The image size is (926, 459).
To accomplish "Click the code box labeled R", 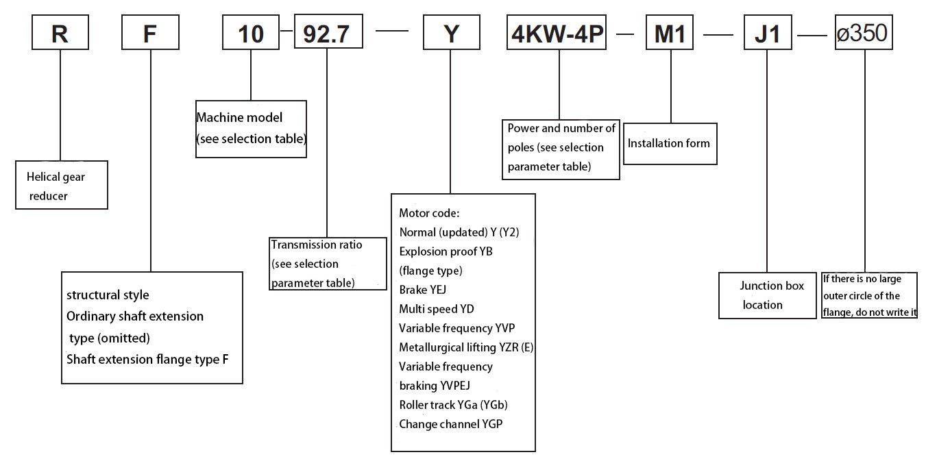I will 60,33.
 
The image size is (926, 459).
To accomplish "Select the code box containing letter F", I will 150,33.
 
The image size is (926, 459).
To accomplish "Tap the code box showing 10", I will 251,33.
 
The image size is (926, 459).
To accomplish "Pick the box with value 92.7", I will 328,33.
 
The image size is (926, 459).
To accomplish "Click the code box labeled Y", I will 450,33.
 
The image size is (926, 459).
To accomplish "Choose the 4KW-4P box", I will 557,33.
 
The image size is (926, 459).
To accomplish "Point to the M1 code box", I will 670,33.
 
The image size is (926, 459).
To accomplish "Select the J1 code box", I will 768,33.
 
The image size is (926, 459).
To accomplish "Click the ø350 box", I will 864,33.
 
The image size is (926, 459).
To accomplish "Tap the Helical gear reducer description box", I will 62,186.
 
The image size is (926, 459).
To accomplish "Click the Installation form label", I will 669,144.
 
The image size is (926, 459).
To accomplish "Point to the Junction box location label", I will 770,295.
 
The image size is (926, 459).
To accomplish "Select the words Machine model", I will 239,118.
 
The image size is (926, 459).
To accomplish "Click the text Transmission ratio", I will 317,245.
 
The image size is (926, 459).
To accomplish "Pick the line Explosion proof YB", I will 446,251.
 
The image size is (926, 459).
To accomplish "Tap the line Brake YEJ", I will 424,290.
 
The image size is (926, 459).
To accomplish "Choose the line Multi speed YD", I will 436,309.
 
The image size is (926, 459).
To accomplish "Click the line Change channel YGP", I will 450,424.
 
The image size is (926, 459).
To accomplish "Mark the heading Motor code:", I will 429,213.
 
